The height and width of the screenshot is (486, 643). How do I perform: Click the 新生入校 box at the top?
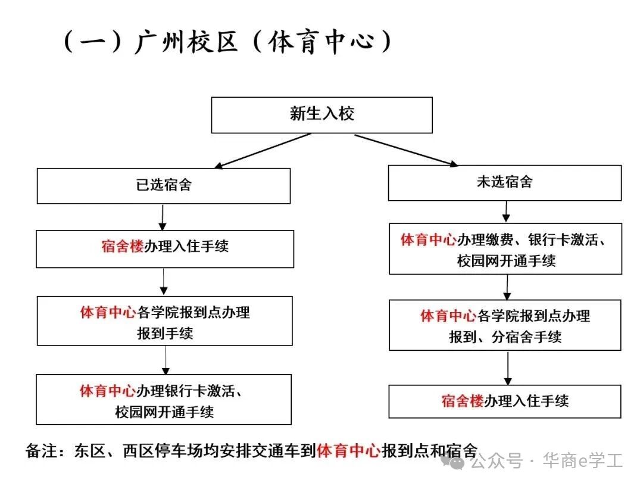click(321, 115)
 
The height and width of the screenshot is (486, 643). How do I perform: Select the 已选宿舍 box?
click(164, 186)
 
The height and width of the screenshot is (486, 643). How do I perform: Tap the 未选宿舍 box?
click(504, 183)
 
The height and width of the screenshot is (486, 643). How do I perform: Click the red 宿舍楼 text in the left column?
click(123, 247)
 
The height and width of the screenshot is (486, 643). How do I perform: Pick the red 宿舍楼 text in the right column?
click(463, 401)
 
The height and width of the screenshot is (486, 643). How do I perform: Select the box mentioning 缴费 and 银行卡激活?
click(505, 249)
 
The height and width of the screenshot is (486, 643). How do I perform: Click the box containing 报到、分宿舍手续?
click(505, 325)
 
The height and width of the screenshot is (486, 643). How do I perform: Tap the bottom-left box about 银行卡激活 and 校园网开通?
click(164, 400)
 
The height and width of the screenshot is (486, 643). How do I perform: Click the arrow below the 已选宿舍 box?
click(162, 218)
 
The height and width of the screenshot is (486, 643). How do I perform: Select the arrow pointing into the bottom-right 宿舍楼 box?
click(507, 367)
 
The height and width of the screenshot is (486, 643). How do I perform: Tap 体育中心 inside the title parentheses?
click(322, 43)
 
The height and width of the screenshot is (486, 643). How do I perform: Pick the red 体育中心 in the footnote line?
click(348, 450)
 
